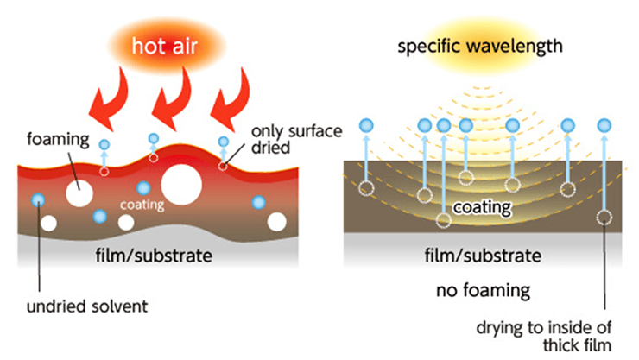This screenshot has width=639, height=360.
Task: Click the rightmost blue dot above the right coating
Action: pos(602,127)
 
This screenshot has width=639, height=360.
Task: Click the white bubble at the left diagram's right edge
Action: pos(276,222)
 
